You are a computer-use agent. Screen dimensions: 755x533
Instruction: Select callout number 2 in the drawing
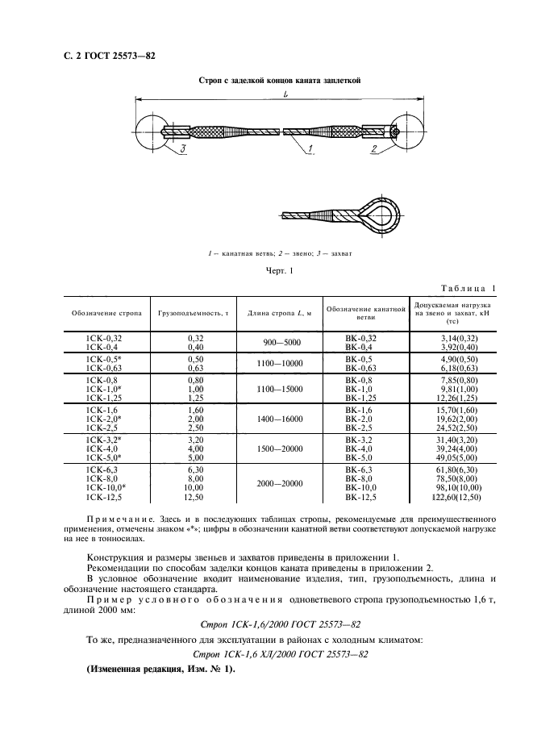pyautogui.click(x=374, y=150)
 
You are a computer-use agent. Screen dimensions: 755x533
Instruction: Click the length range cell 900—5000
pyautogui.click(x=281, y=342)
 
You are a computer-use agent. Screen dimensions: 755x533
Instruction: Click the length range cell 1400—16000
pyautogui.click(x=281, y=420)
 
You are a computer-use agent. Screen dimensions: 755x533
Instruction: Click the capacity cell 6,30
pyautogui.click(x=194, y=468)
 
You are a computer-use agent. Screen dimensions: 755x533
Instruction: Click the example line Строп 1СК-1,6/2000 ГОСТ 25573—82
pyautogui.click(x=266, y=624)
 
